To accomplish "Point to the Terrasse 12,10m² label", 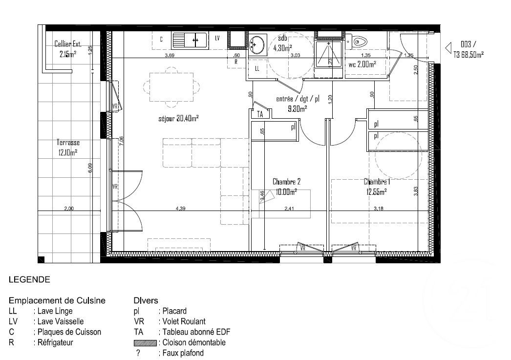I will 68,148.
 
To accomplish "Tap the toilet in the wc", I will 360,42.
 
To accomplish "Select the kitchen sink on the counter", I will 189,40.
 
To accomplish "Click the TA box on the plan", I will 260,114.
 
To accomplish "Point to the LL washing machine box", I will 257,69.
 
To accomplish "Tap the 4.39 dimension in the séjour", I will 182,209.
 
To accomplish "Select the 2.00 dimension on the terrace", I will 69,209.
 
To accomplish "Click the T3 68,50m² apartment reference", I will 469,55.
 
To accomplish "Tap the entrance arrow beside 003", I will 448,48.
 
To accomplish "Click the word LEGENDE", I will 29,280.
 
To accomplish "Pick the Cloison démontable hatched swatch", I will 144,343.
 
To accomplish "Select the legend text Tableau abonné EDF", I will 194,332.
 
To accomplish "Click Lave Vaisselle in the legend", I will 59,321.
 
